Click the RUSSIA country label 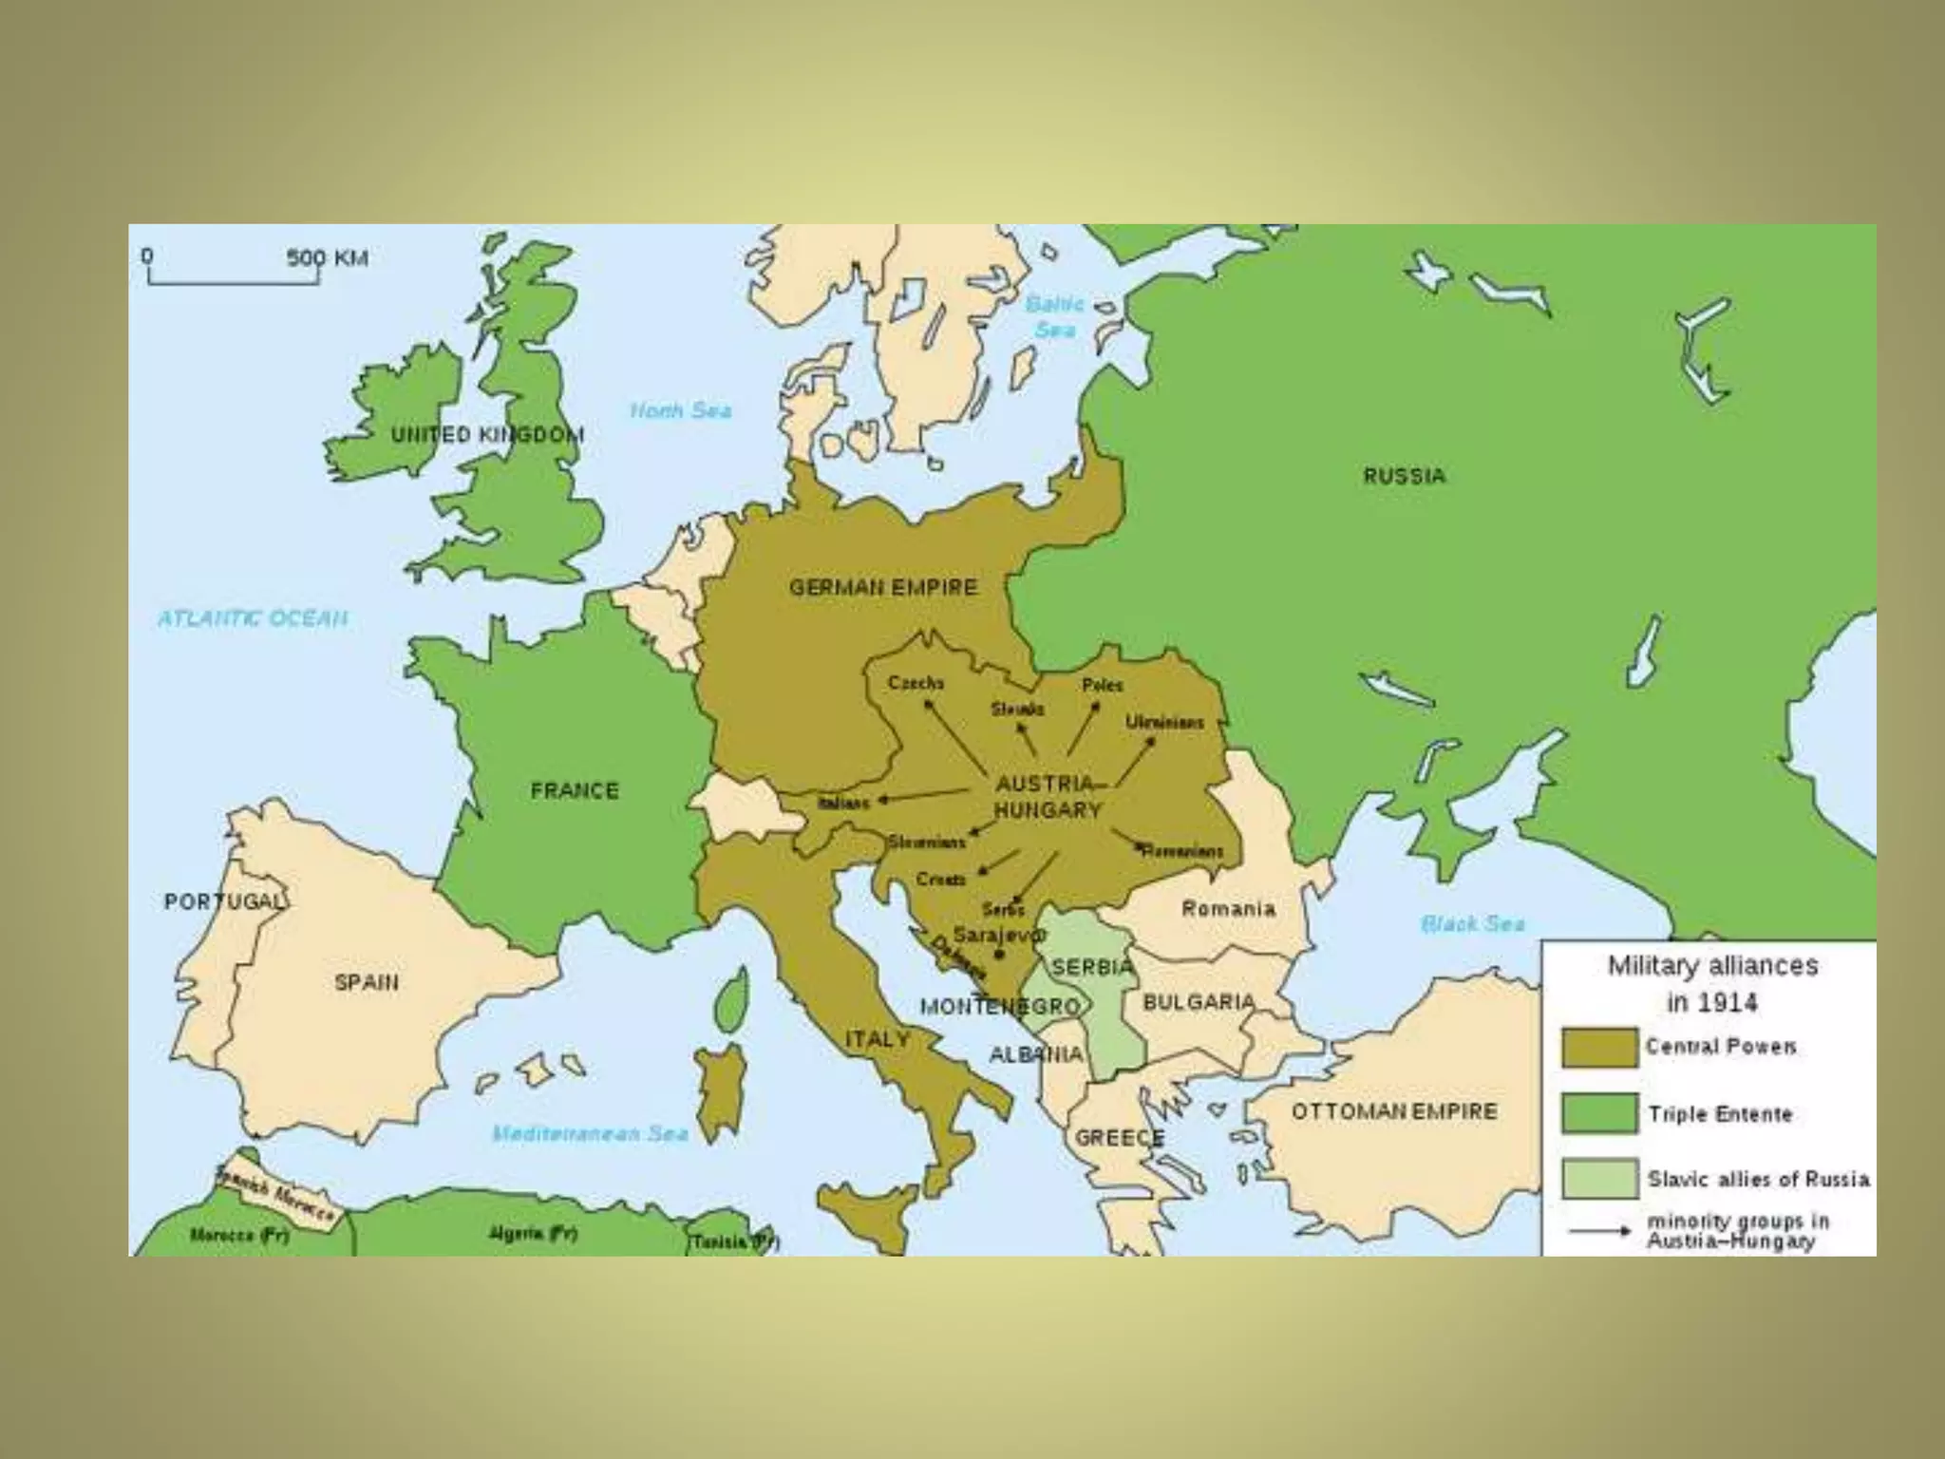click(x=1404, y=476)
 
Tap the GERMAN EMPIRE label click(x=883, y=588)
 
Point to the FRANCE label click(x=574, y=790)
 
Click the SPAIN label click(x=366, y=982)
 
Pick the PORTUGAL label click(x=224, y=901)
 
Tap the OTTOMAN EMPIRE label click(x=1393, y=1111)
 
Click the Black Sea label click(x=1472, y=923)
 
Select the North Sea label click(x=681, y=410)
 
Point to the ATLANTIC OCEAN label click(x=253, y=618)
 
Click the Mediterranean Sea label click(x=590, y=1133)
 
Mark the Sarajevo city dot click(x=999, y=954)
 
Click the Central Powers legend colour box click(x=1599, y=1048)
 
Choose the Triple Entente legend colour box click(x=1599, y=1113)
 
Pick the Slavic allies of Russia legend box click(x=1599, y=1179)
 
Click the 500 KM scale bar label click(x=327, y=257)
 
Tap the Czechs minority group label click(x=916, y=683)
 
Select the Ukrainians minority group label click(x=1164, y=723)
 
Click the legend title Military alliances click(x=1712, y=966)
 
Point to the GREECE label click(x=1119, y=1137)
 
